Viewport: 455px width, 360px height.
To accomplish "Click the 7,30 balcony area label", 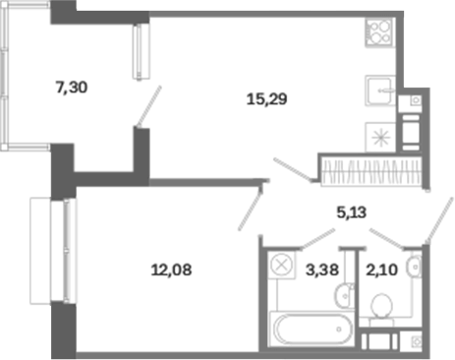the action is point(72,88).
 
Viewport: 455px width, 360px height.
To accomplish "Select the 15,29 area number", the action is point(266,99).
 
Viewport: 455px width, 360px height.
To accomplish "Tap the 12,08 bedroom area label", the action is point(171,270).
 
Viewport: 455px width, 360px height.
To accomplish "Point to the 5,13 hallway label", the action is point(352,212).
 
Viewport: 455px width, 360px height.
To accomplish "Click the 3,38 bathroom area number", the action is point(322,270).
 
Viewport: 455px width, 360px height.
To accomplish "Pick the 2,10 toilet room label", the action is point(381,270).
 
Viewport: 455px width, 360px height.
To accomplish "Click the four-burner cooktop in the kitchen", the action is point(379,32).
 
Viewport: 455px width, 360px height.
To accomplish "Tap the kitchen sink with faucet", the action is point(380,90).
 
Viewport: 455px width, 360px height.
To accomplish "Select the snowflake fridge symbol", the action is point(381,137).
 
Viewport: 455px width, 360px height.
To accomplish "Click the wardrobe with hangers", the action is point(371,172).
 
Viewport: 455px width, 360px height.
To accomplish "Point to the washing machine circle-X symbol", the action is point(281,265).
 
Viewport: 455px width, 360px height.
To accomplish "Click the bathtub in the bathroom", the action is point(311,329).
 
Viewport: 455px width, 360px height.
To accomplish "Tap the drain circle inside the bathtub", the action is point(339,330).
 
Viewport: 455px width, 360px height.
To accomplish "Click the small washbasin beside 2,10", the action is point(414,267).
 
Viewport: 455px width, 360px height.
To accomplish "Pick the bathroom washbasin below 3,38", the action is point(344,296).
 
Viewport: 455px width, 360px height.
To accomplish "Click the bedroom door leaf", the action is point(251,210).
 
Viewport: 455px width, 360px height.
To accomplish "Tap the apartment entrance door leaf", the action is point(439,220).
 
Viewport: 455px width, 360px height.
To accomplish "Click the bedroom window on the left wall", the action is point(67,251).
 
